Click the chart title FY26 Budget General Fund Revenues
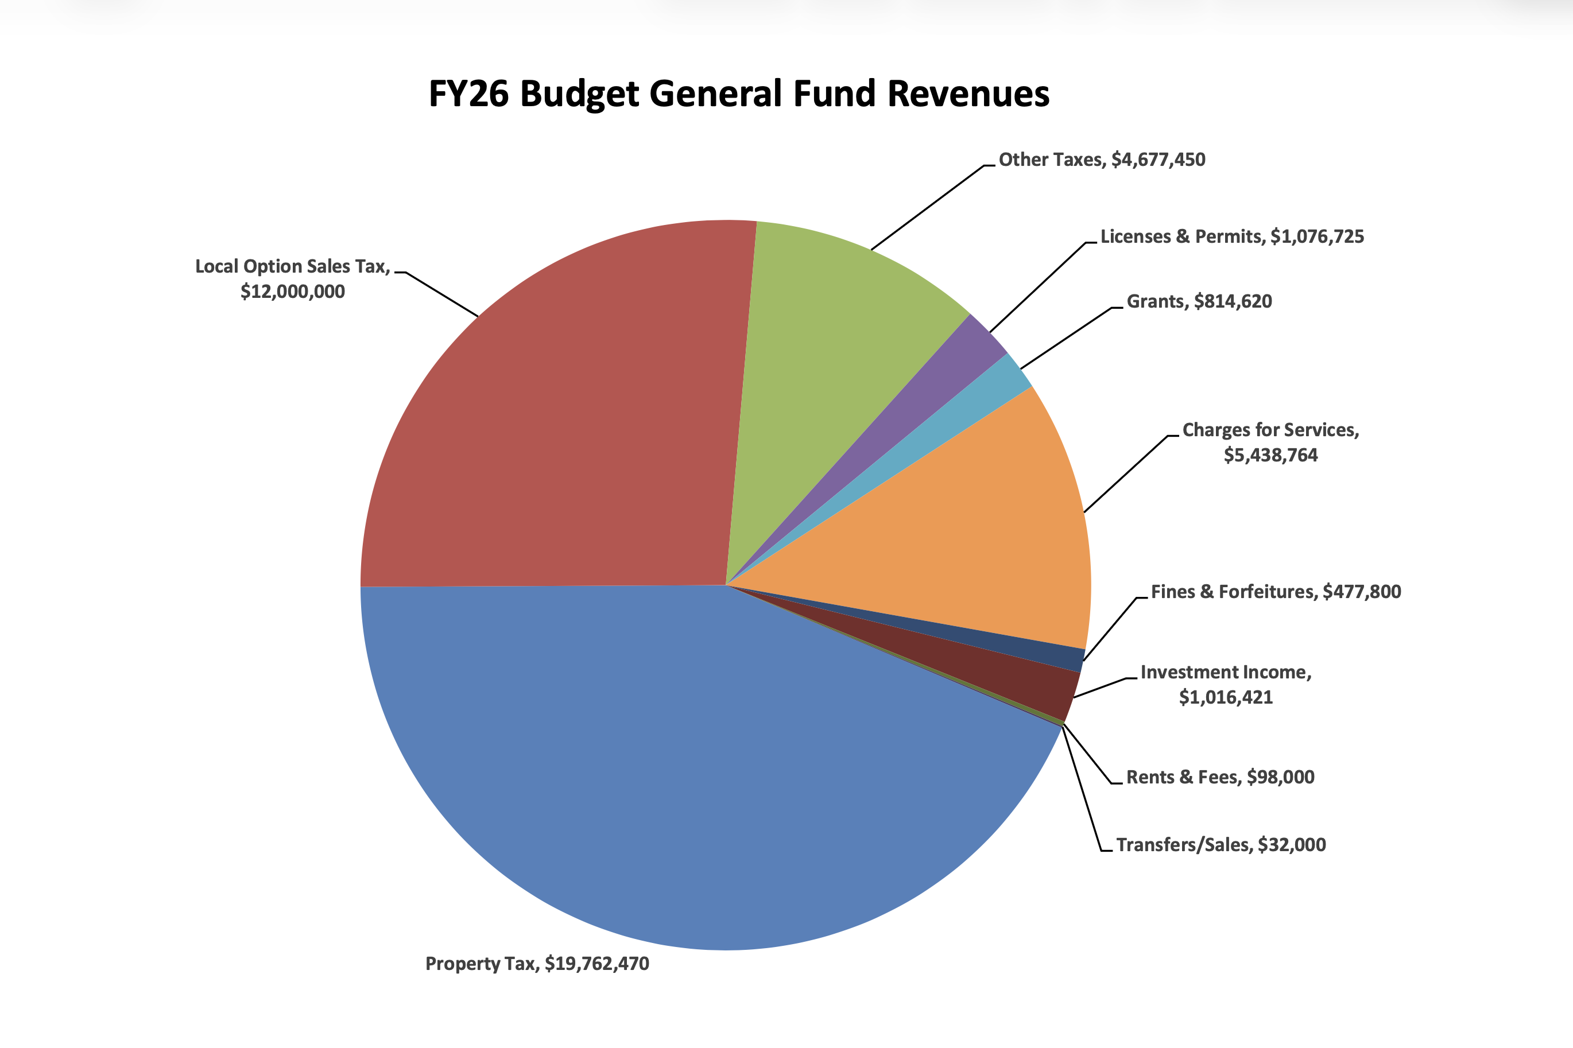pos(739,94)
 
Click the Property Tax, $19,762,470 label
pos(537,964)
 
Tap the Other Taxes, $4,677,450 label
pos(1102,160)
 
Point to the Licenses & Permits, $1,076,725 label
pos(1231,236)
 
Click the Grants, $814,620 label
pos(1199,301)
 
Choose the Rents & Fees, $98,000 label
pos(1220,777)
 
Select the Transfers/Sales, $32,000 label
pos(1221,845)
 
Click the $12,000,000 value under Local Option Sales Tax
pos(293,292)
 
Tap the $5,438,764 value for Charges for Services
pos(1270,455)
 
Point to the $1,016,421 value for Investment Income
pos(1225,698)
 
